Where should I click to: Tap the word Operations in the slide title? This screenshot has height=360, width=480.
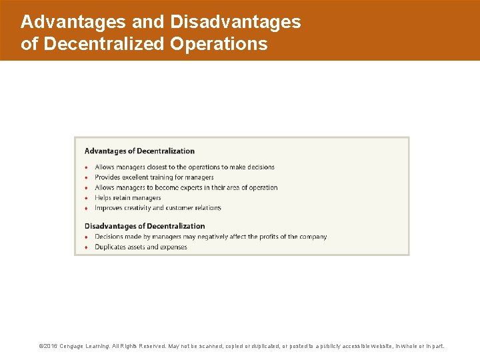click(x=219, y=45)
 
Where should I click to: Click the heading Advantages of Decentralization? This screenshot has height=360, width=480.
click(x=139, y=151)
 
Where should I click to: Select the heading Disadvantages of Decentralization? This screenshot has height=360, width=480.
click(x=145, y=227)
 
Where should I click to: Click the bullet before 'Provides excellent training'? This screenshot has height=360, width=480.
click(x=87, y=178)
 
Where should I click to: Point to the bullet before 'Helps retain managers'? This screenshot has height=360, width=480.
click(x=87, y=198)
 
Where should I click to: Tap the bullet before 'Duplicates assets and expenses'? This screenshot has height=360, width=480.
click(x=87, y=247)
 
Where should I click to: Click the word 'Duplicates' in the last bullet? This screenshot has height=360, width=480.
click(x=111, y=247)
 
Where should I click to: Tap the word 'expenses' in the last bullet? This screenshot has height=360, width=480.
click(x=174, y=247)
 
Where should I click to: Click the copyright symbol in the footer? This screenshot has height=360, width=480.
click(x=41, y=347)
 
